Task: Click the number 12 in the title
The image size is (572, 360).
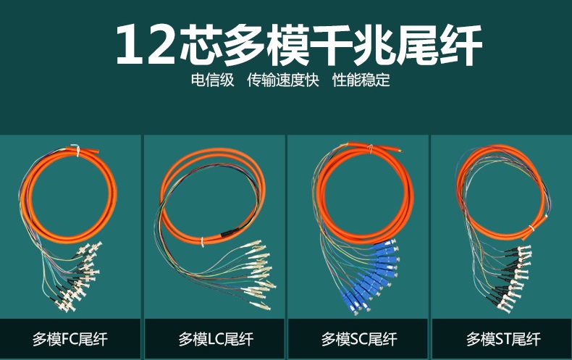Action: pyautogui.click(x=146, y=46)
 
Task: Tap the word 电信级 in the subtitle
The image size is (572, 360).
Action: pyautogui.click(x=212, y=80)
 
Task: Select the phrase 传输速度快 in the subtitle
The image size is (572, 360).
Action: pyautogui.click(x=282, y=80)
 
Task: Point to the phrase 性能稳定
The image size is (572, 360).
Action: pyautogui.click(x=361, y=80)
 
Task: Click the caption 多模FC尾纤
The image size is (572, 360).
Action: pyautogui.click(x=70, y=339)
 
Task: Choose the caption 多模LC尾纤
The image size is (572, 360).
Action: pyautogui.click(x=216, y=339)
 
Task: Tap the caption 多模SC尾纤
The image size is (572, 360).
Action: pyautogui.click(x=359, y=339)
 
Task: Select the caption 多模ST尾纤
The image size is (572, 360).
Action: pyautogui.click(x=503, y=339)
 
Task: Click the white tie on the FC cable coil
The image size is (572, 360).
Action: pyautogui.click(x=77, y=150)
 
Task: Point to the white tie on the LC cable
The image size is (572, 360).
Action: pyautogui.click(x=203, y=242)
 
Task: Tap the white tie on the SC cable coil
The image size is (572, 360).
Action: pyautogui.click(x=370, y=148)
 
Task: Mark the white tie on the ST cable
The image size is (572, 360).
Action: pyautogui.click(x=531, y=229)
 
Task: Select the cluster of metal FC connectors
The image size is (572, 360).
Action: pyautogui.click(x=77, y=277)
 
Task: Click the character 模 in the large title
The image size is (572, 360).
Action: pyautogui.click(x=288, y=46)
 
